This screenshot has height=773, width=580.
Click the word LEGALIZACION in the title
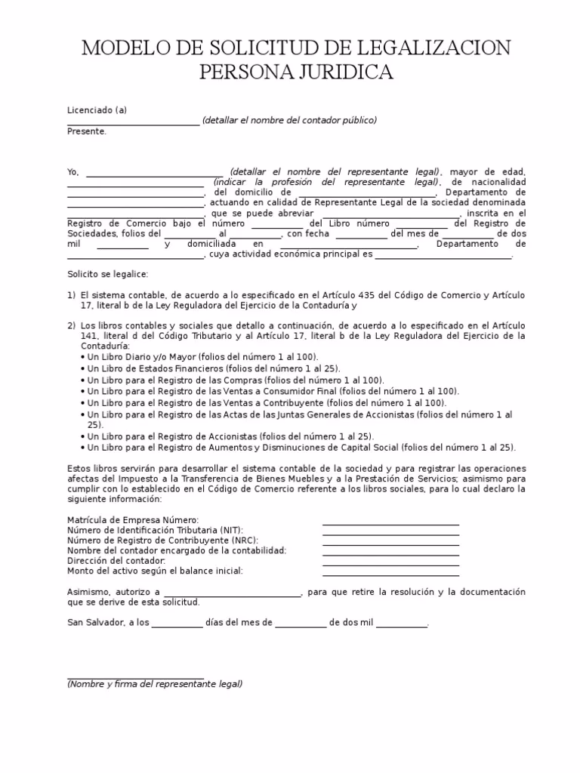coord(425,49)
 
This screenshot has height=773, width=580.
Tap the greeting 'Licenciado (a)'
coord(97,110)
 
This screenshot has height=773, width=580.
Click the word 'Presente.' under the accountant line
coord(87,131)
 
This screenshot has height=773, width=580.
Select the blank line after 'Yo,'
coord(155,174)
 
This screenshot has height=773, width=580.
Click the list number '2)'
coord(72,326)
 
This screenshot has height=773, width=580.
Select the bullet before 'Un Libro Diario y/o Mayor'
coord(82,357)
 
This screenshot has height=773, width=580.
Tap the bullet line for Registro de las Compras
coord(234,380)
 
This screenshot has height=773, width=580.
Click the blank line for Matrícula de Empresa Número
coord(390,524)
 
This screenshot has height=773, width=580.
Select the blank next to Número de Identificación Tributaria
coord(390,534)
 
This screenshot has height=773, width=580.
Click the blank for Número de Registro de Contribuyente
coord(390,544)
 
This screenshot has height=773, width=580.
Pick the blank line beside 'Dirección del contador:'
coord(390,565)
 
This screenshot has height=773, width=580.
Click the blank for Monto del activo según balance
coord(390,575)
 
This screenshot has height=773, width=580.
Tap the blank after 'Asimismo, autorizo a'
coord(232,596)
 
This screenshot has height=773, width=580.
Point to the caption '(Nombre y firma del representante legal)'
coord(155,684)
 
